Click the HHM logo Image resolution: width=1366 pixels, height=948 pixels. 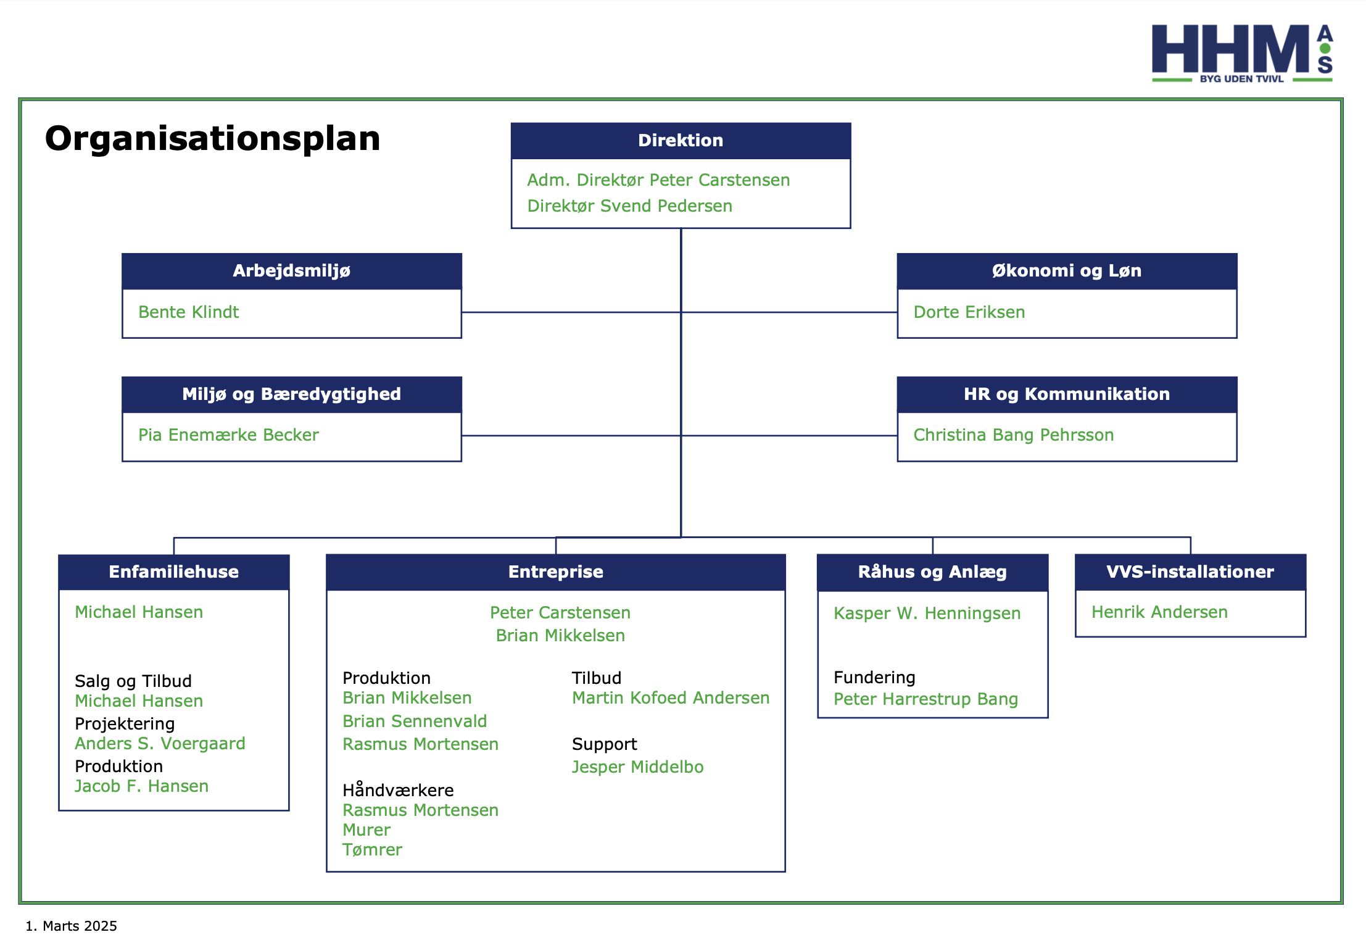click(x=1242, y=53)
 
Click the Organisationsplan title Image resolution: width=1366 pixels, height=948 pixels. click(x=212, y=139)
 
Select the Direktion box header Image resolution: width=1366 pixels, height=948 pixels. click(x=681, y=141)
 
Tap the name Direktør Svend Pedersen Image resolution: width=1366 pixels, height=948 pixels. click(x=629, y=206)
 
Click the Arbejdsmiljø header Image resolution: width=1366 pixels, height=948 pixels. click(x=292, y=271)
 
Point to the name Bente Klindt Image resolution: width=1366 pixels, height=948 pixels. click(x=188, y=312)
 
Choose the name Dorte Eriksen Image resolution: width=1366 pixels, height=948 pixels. click(x=969, y=312)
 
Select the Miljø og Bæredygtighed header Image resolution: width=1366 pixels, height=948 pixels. click(x=292, y=394)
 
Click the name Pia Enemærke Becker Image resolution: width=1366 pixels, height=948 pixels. click(x=228, y=435)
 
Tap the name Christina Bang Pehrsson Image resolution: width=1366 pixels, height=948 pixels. click(x=1013, y=435)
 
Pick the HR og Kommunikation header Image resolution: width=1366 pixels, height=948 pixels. click(x=1067, y=394)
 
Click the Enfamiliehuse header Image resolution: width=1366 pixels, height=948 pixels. click(x=174, y=572)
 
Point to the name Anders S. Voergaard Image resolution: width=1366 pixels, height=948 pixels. click(x=160, y=744)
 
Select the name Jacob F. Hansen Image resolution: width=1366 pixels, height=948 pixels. click(x=141, y=786)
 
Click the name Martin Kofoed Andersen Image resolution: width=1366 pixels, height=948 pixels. click(x=671, y=698)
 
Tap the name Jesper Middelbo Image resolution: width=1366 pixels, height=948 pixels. click(x=637, y=767)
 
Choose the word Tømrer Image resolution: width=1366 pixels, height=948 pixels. click(x=372, y=850)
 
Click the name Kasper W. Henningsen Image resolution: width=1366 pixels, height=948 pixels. click(x=927, y=613)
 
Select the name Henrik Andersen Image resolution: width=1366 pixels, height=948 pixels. click(x=1159, y=612)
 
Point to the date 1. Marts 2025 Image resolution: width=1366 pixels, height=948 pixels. click(x=71, y=926)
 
